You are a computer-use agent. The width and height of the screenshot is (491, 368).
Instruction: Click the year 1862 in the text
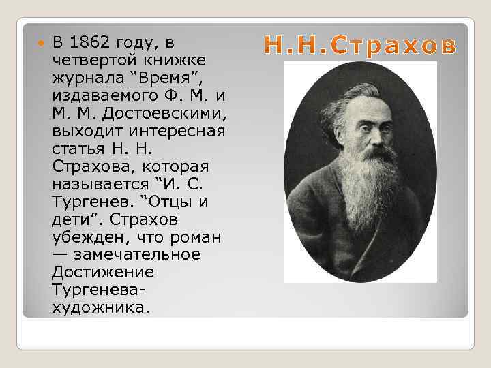pos(93,42)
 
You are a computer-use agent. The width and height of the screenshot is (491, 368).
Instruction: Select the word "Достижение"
pos(102,273)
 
